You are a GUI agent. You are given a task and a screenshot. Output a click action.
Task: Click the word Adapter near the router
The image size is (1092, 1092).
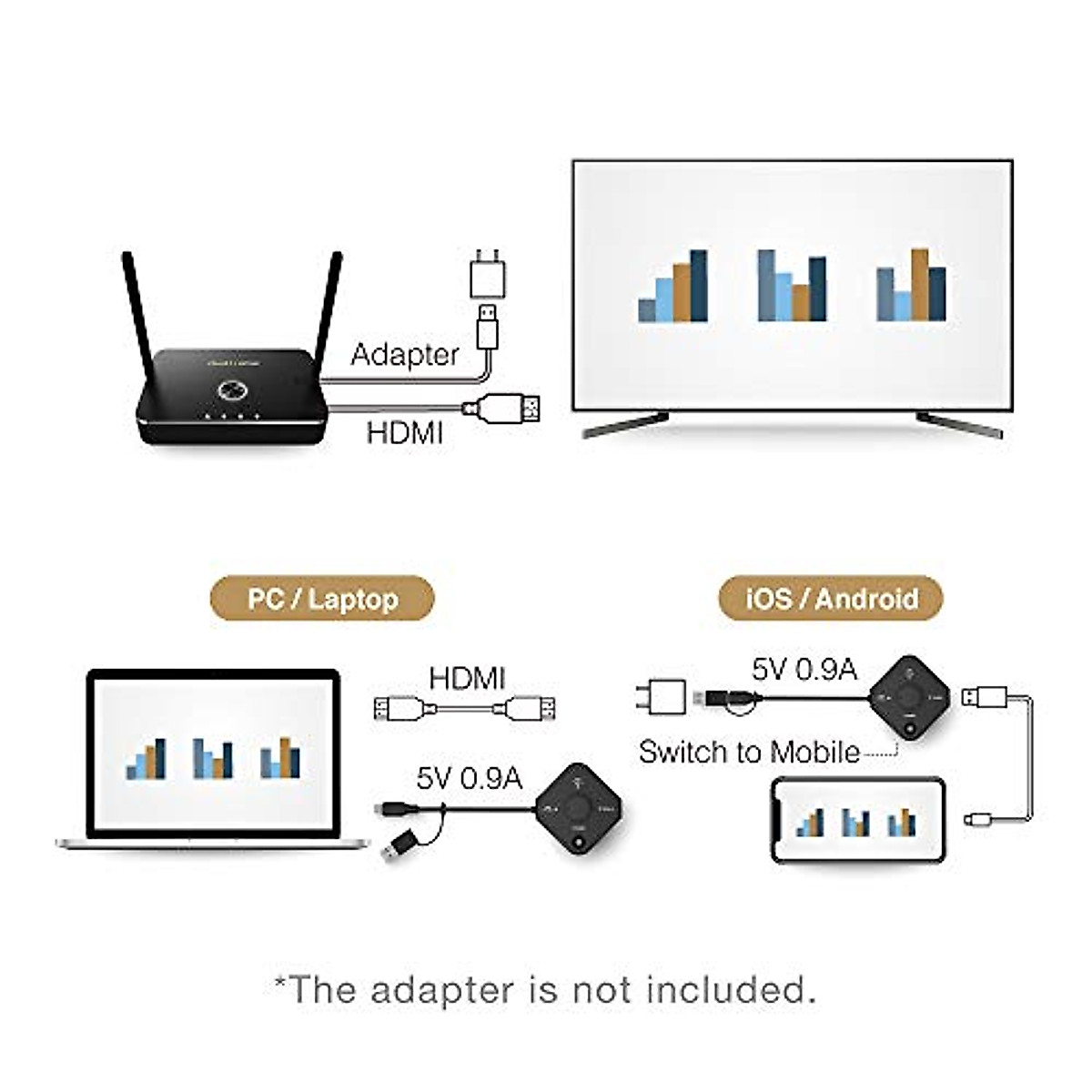pos(404,355)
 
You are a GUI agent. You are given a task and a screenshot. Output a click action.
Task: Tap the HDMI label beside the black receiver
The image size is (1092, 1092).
pos(404,431)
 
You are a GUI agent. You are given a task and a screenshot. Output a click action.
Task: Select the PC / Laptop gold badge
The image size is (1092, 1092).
pos(323,600)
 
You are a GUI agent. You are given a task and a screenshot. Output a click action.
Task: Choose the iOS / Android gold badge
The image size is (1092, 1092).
pos(831,600)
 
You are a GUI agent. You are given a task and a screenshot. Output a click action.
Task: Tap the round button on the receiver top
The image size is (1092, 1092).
pos(232,391)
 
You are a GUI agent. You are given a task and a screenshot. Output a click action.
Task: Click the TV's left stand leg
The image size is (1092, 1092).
pos(625,425)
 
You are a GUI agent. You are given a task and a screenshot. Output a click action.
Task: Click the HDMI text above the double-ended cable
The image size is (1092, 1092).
pos(467,678)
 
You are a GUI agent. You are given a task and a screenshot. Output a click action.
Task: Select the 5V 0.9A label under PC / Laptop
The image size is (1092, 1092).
pos(469,778)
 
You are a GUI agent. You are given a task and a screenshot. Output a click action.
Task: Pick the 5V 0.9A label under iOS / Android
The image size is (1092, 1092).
pos(804,669)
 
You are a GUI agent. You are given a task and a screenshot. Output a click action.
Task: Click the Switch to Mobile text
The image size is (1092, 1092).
pos(749,753)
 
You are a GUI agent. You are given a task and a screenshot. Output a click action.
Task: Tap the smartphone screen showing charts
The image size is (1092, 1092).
pos(857,819)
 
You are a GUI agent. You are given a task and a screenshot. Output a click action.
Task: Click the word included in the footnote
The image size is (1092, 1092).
pos(730,989)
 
